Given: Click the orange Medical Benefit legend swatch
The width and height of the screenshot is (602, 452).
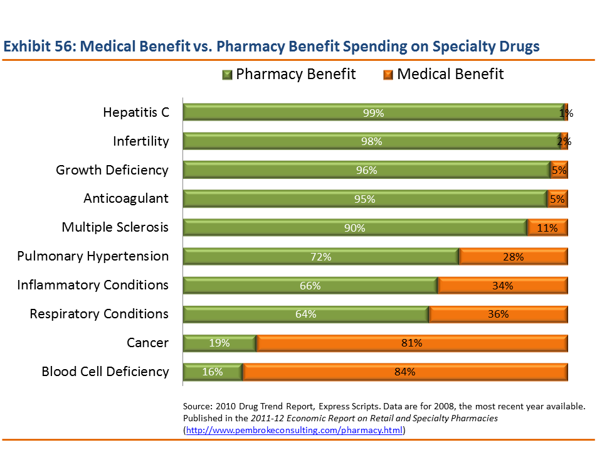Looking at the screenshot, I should coord(388,75).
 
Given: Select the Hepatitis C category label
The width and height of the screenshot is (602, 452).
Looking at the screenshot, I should coord(136,112).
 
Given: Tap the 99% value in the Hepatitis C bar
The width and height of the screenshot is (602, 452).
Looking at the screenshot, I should coord(373,113).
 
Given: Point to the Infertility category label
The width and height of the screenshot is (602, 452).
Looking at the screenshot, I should coord(140,141).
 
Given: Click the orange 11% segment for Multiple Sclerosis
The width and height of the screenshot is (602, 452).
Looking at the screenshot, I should coord(547,228).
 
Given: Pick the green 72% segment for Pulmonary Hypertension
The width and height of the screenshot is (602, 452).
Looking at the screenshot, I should coord(320,257).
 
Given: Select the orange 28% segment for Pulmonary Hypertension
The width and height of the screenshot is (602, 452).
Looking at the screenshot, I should coord(513,257).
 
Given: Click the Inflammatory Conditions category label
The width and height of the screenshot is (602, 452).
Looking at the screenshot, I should coord(93,285).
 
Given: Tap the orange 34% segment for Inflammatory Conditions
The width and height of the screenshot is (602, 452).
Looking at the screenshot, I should coord(502,286).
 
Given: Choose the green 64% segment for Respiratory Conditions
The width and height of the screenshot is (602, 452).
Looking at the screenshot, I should coord(305,315).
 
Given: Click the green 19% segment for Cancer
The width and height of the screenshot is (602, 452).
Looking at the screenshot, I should coord(219,343).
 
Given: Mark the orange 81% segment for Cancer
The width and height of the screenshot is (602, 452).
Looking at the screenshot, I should coord(411,343).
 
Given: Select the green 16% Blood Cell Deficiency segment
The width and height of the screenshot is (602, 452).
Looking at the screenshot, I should coord(213,372).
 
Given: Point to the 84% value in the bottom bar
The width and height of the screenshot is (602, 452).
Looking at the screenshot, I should coord(405,372).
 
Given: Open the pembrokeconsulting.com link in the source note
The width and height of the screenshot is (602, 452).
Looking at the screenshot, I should coord(295,431).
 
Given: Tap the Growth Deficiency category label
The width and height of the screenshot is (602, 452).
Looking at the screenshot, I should coord(112,170).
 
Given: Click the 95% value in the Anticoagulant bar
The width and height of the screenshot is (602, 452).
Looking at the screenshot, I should coord(365,199).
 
